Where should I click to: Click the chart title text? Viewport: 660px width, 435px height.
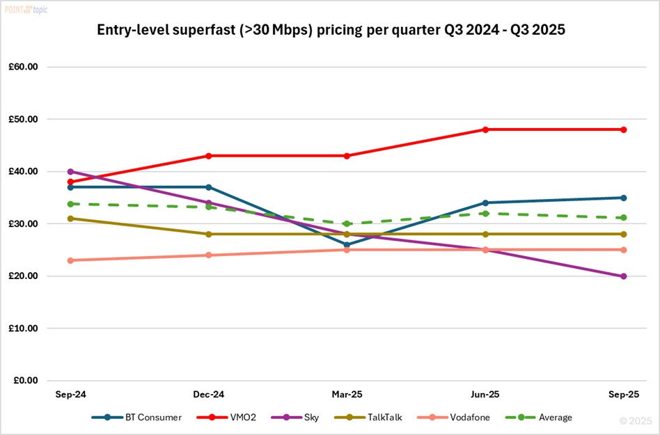(x=330, y=31)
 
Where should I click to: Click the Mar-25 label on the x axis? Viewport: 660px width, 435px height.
(x=347, y=394)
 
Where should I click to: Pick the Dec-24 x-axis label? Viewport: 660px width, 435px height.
(x=208, y=394)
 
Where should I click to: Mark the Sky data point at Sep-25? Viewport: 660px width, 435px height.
(x=624, y=276)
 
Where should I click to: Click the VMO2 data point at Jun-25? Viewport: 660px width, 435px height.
(x=485, y=129)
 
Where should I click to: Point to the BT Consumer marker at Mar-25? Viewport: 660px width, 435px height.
(x=347, y=244)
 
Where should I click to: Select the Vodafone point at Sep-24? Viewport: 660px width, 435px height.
(x=70, y=260)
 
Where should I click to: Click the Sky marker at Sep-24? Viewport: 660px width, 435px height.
(x=70, y=171)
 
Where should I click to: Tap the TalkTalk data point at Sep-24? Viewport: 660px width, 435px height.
(x=70, y=219)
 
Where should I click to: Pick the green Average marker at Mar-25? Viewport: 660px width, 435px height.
(x=347, y=224)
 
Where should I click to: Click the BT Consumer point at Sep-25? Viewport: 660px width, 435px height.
(x=624, y=198)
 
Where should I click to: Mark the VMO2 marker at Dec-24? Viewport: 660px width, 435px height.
(x=208, y=156)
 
